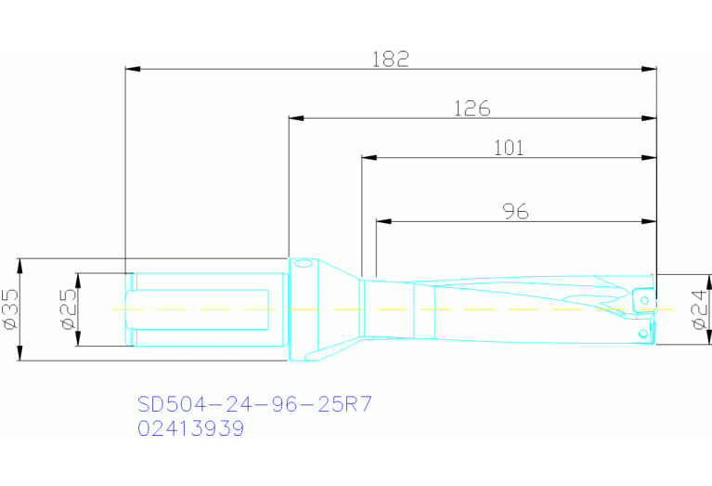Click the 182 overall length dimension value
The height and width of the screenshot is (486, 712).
click(x=391, y=59)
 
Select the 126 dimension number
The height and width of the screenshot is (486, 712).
click(x=472, y=108)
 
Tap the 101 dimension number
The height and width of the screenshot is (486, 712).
click(x=508, y=147)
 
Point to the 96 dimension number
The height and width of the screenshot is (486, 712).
click(x=515, y=212)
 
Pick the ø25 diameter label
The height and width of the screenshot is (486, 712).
click(x=67, y=309)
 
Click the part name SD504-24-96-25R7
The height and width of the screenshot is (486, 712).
click(x=255, y=404)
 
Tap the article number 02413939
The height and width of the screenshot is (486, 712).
click(x=191, y=428)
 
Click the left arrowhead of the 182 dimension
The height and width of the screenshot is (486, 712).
click(x=131, y=69)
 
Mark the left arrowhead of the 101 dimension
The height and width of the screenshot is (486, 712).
click(x=367, y=158)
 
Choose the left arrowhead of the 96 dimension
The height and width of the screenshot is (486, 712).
click(x=382, y=222)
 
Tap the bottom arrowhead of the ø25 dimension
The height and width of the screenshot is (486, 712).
click(x=79, y=341)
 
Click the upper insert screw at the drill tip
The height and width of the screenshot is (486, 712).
click(x=641, y=301)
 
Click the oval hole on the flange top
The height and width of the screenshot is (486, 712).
click(x=302, y=264)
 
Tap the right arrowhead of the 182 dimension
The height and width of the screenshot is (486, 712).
click(x=652, y=69)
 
